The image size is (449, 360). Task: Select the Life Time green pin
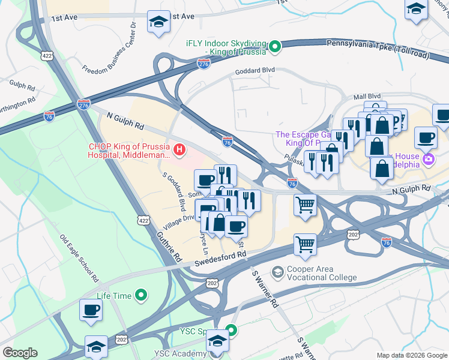(x=141, y=295)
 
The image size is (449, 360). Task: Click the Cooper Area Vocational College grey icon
(x=277, y=272)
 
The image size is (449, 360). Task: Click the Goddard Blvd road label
(x=255, y=70)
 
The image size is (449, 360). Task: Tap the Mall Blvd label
(x=367, y=96)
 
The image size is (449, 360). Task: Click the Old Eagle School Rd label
(x=79, y=258)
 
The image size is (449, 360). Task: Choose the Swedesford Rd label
(x=221, y=256)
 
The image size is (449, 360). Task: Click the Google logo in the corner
(x=20, y=353)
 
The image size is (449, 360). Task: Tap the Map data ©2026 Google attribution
(x=411, y=355)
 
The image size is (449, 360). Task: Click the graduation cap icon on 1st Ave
(x=158, y=22)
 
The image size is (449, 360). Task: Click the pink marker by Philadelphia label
(x=429, y=160)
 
